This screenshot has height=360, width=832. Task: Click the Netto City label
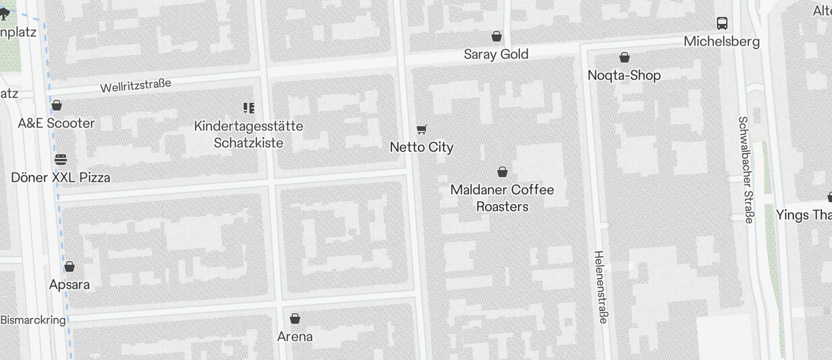coord(421,147)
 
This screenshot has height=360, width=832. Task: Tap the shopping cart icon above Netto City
coord(422,129)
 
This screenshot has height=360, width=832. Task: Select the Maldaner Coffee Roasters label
coord(502,198)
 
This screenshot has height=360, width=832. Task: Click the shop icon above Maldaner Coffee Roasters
coord(502,172)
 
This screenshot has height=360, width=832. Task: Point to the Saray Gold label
coord(496,54)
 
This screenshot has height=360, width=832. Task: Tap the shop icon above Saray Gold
coord(497,37)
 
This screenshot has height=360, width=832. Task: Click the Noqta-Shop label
coord(624,75)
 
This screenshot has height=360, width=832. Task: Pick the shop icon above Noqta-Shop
coord(625,57)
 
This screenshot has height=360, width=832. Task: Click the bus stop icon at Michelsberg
coord(722,23)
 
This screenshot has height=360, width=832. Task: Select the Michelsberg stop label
coord(722,41)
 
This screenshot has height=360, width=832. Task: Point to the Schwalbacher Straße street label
coord(746,169)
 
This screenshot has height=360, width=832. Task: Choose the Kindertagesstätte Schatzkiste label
coord(248,134)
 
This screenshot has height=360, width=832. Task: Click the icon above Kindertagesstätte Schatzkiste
coord(249,108)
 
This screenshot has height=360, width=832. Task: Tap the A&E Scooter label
coord(56,123)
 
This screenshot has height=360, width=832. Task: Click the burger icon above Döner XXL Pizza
coord(61,160)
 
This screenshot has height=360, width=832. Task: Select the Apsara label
coord(70,285)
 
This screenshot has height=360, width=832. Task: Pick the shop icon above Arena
coord(295,319)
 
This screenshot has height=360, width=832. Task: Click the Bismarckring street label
coord(33,320)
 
